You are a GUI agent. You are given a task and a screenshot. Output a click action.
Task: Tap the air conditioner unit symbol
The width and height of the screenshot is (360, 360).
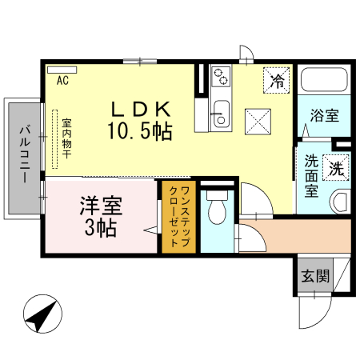(x=62, y=70)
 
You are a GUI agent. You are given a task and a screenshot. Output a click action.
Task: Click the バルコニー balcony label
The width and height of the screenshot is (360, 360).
(x=24, y=157)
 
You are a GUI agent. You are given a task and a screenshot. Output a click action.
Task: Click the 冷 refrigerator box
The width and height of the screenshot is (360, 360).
(x=277, y=80)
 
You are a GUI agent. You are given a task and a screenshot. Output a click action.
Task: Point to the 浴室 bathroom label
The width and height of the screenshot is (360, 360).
(x=324, y=115)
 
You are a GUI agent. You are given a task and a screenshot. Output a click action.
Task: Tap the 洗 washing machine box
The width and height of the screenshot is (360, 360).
(x=337, y=169)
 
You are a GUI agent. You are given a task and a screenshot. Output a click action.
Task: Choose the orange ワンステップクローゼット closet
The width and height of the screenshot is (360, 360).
(x=178, y=218)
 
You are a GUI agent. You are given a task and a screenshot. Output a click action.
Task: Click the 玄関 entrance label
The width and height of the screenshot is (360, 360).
(x=314, y=277)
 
